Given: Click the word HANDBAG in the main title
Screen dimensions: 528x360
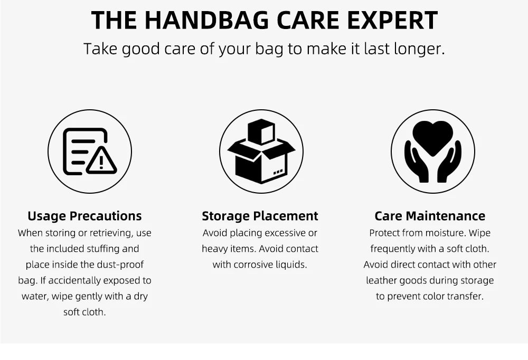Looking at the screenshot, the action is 207,20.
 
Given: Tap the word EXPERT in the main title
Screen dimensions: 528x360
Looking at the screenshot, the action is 392,20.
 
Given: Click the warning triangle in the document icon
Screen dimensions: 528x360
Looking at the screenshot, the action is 101,160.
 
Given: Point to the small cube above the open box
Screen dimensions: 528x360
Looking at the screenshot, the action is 261,131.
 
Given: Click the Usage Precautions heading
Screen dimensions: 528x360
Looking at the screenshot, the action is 84,216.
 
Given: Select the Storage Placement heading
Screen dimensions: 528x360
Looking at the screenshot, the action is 260,216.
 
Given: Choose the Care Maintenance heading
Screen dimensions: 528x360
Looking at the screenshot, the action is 430,216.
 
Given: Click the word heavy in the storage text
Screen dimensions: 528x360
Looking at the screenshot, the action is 214,249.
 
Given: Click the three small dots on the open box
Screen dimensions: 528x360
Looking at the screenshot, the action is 278,172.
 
